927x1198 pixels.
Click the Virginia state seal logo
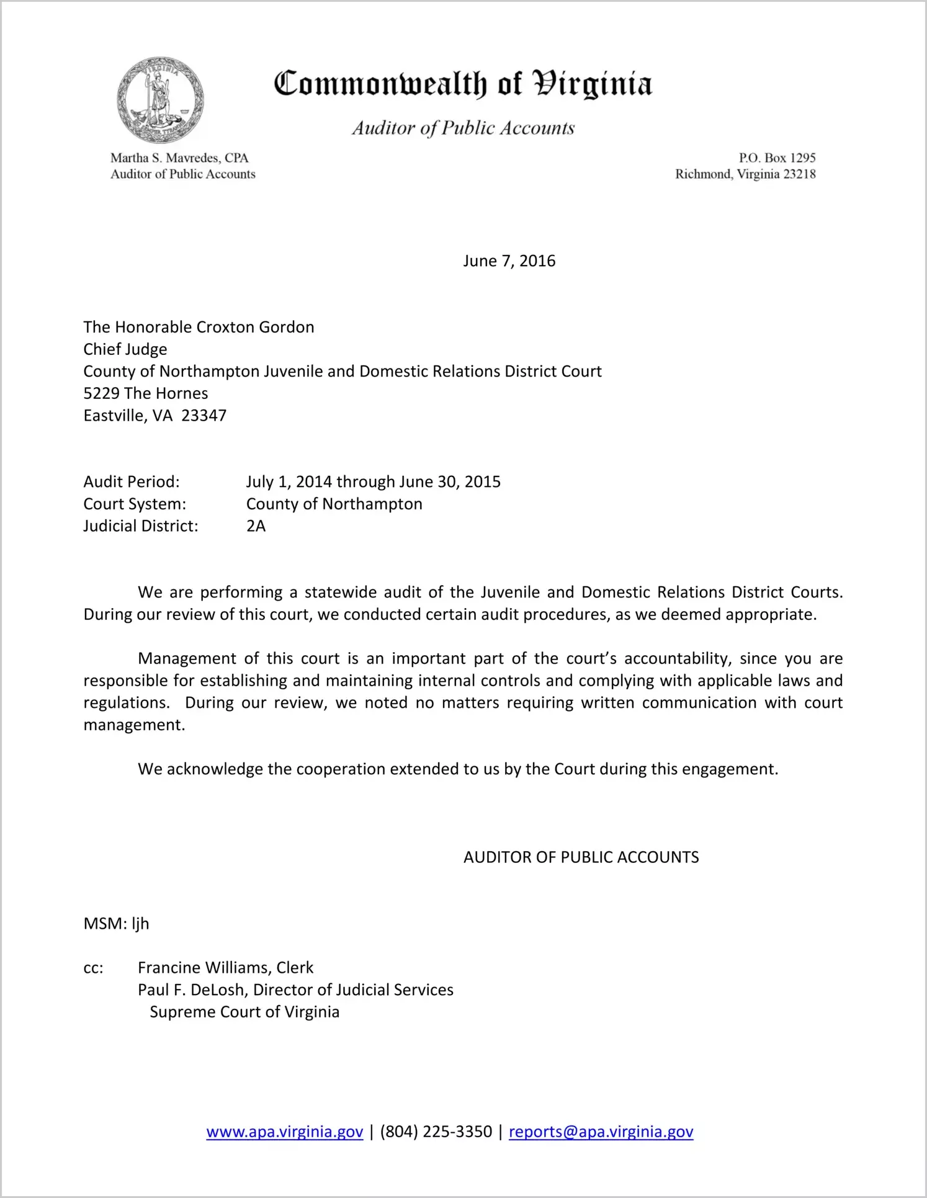160,100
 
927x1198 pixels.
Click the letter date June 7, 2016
509,261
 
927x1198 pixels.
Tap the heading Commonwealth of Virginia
463,84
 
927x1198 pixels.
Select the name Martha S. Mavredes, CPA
179,158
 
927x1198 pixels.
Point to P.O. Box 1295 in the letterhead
777,158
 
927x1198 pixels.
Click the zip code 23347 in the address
204,416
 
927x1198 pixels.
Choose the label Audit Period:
132,482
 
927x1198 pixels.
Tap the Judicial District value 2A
256,526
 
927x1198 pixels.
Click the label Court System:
135,504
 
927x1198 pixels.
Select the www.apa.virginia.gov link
284,1132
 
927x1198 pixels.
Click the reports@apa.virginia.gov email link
601,1132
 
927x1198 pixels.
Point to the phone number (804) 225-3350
436,1132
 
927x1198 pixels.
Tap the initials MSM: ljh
116,924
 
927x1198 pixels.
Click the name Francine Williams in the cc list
204,968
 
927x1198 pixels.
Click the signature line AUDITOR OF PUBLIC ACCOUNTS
581,857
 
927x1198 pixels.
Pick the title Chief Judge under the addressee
125,349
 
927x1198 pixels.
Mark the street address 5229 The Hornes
146,393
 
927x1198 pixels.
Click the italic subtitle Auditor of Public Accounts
463,128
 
